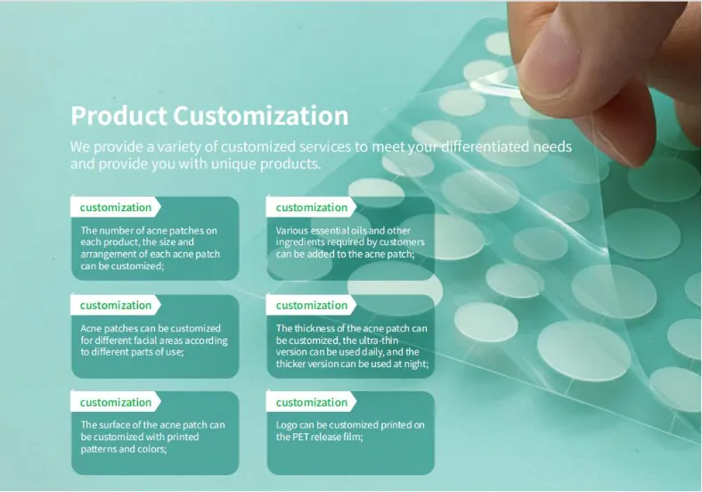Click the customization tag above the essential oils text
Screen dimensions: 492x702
tap(312, 208)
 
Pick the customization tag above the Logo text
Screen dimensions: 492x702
tap(312, 403)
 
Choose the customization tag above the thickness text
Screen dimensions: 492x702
tap(312, 306)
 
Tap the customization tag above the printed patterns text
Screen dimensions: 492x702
tap(116, 403)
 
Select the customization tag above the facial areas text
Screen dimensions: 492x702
tap(116, 306)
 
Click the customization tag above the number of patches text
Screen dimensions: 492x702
tap(116, 208)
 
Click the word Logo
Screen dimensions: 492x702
tap(286, 425)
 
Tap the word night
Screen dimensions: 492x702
tap(415, 364)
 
